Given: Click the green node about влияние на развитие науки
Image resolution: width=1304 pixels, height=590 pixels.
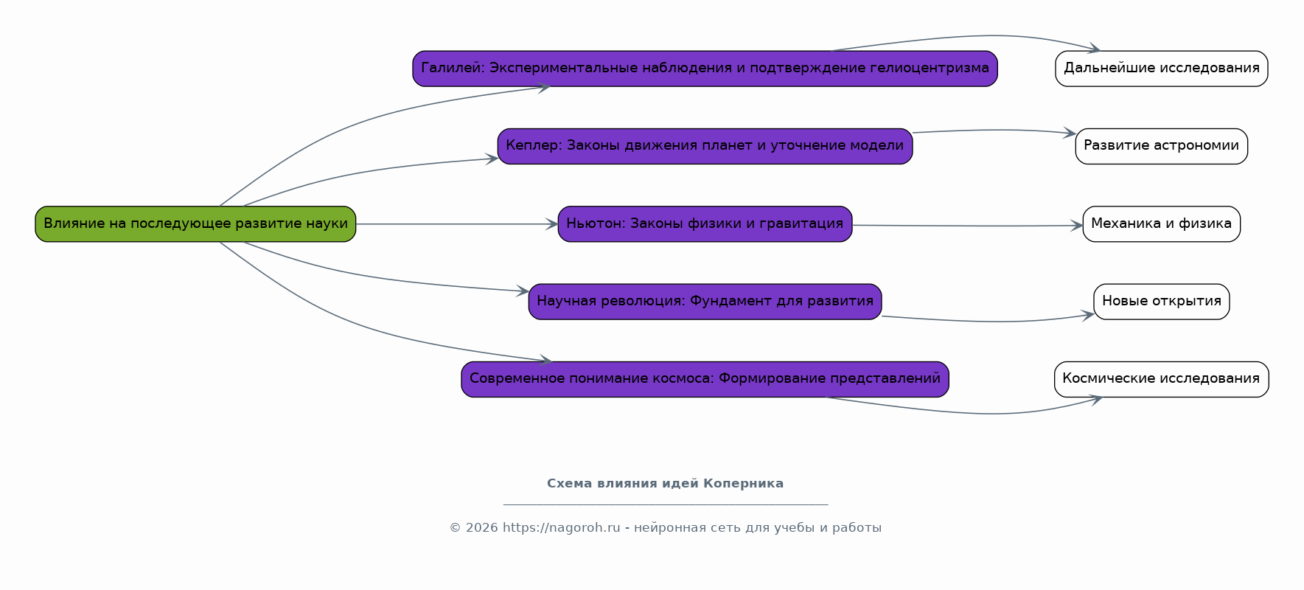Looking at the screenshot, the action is click(195, 224).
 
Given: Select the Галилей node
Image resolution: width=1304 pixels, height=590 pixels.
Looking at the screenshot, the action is click(705, 69).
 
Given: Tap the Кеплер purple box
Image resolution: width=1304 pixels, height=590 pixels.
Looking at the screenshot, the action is click(705, 146).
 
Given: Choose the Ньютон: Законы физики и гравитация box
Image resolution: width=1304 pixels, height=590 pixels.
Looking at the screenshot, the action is click(705, 224).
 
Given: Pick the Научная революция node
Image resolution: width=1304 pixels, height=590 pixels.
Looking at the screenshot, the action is click(705, 302).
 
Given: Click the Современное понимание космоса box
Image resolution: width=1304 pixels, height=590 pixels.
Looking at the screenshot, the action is click(705, 379).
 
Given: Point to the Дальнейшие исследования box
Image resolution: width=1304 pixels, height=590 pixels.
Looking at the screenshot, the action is click(1162, 69).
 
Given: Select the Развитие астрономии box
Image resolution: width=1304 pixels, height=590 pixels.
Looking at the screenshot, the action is click(1162, 146).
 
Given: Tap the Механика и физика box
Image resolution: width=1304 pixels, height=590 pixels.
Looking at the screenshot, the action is click(1162, 224).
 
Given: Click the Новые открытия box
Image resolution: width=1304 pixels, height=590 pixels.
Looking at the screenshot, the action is click(1162, 302).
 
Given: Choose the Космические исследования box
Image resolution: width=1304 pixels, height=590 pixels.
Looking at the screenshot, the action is click(1162, 379).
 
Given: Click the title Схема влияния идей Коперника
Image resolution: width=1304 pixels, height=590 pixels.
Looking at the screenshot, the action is click(665, 484).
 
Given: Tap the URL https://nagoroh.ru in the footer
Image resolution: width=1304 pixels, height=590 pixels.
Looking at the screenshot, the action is click(562, 528).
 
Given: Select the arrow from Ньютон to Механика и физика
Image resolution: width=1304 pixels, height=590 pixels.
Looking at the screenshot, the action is click(967, 226).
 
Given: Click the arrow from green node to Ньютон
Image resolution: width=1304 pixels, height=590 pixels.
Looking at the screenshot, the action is click(457, 224).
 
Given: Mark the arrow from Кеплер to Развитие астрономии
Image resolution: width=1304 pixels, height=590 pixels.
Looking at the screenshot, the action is click(994, 131).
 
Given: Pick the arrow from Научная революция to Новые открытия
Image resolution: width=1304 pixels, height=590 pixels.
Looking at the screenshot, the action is click(988, 321).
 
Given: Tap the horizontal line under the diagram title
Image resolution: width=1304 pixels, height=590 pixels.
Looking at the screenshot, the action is click(666, 504).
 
